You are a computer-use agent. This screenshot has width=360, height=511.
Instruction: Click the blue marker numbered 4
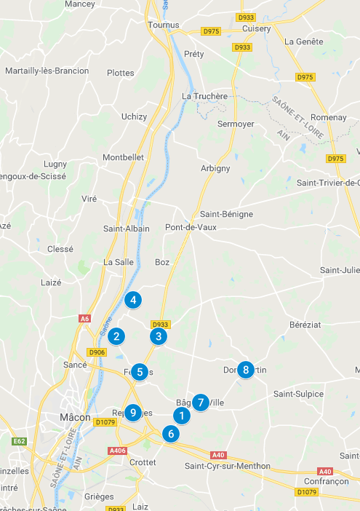click(x=132, y=299)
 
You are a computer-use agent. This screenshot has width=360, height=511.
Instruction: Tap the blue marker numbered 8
click(x=246, y=370)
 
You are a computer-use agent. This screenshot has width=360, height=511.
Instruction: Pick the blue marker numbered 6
click(x=171, y=434)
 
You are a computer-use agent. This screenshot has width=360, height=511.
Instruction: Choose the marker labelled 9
click(x=132, y=413)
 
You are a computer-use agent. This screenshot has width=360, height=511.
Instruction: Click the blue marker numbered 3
click(x=158, y=336)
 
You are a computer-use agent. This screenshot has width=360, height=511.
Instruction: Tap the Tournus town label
click(x=164, y=25)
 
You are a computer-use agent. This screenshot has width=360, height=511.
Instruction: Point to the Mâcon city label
click(x=75, y=418)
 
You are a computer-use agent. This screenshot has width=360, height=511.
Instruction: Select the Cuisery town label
click(x=257, y=28)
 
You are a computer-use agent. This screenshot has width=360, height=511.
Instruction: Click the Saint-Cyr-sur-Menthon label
click(x=228, y=466)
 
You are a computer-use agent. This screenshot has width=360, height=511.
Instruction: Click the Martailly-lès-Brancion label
click(x=47, y=71)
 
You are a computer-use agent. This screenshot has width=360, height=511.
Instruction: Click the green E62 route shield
click(x=19, y=441)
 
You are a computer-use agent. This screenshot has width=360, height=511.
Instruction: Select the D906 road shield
click(x=97, y=353)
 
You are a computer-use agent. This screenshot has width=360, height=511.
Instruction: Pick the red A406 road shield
click(x=117, y=451)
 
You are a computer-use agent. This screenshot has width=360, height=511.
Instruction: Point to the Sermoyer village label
click(x=236, y=124)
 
